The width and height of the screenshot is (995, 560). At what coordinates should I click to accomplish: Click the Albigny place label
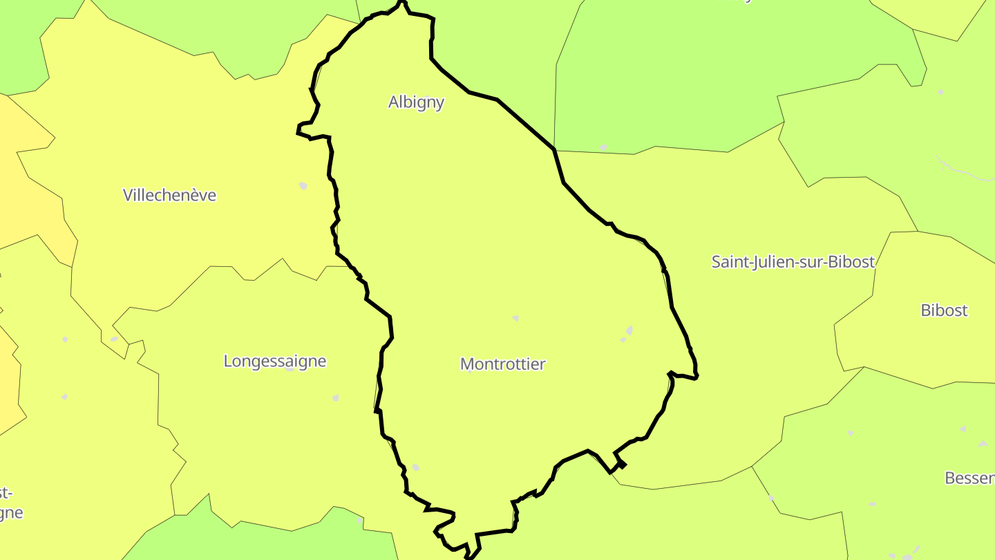[x=416, y=102]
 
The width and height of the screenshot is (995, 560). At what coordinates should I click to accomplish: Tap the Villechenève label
[x=169, y=196]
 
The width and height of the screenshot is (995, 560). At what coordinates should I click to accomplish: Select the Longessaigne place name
[x=274, y=361]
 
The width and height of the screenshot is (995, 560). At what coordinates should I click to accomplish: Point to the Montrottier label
[x=502, y=364]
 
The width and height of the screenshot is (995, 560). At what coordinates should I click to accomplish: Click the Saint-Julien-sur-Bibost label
[x=793, y=262]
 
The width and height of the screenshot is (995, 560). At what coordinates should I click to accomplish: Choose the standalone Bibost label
[x=944, y=310]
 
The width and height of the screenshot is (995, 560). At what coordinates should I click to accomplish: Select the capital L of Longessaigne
[x=228, y=361]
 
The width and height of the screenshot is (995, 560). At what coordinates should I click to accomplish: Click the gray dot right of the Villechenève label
[x=303, y=185]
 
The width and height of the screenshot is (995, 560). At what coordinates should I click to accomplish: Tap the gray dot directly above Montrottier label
[x=515, y=318]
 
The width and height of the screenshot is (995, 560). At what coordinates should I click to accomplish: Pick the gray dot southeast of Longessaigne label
[x=336, y=398]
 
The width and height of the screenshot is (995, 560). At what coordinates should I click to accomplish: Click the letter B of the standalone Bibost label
[x=926, y=310]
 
